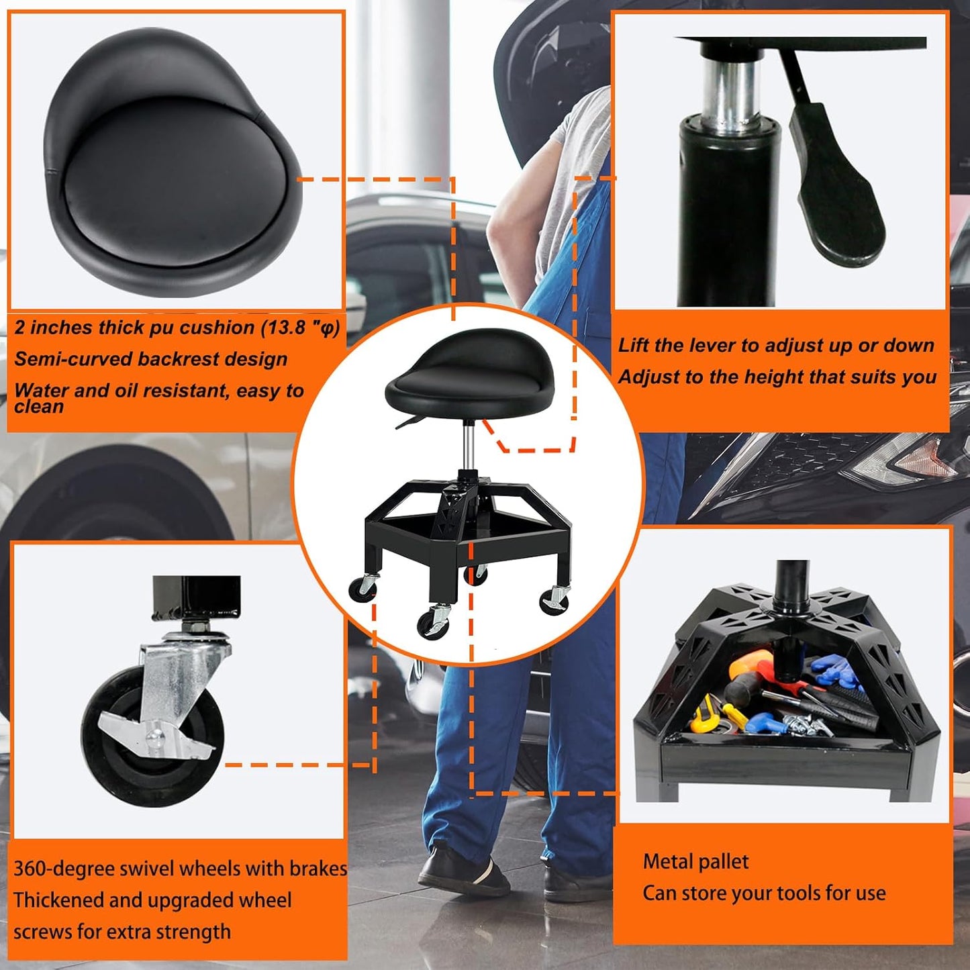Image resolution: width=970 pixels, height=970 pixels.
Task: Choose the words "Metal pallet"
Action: [x=695, y=862]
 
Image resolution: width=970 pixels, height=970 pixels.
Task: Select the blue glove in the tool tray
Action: [x=836, y=671]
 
